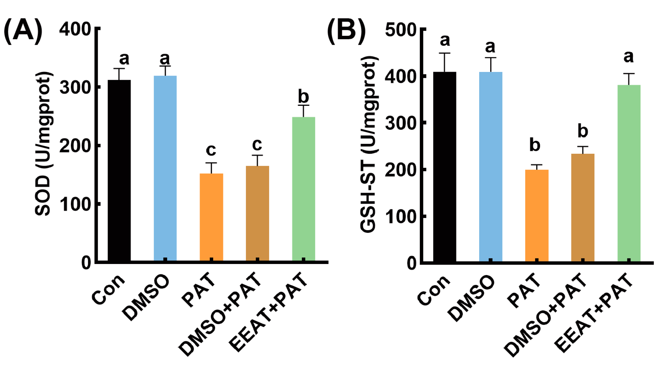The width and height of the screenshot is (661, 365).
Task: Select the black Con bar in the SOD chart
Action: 119,169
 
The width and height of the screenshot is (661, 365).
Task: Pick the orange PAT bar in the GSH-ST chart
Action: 537,214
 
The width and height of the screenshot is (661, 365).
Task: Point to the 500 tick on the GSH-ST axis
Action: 423,29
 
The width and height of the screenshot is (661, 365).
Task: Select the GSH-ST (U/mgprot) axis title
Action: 369,144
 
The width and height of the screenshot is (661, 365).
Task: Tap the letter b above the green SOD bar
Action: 304,97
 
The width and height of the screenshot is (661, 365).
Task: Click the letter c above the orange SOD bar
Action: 211,150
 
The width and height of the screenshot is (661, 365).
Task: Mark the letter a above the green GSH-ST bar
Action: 629,57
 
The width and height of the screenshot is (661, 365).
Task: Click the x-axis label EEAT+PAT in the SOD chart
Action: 268,312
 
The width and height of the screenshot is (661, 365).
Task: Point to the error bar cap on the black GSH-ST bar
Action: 445,53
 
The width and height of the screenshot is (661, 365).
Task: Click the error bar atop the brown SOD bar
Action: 258,160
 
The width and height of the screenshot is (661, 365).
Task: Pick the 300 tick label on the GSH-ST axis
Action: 401,123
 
